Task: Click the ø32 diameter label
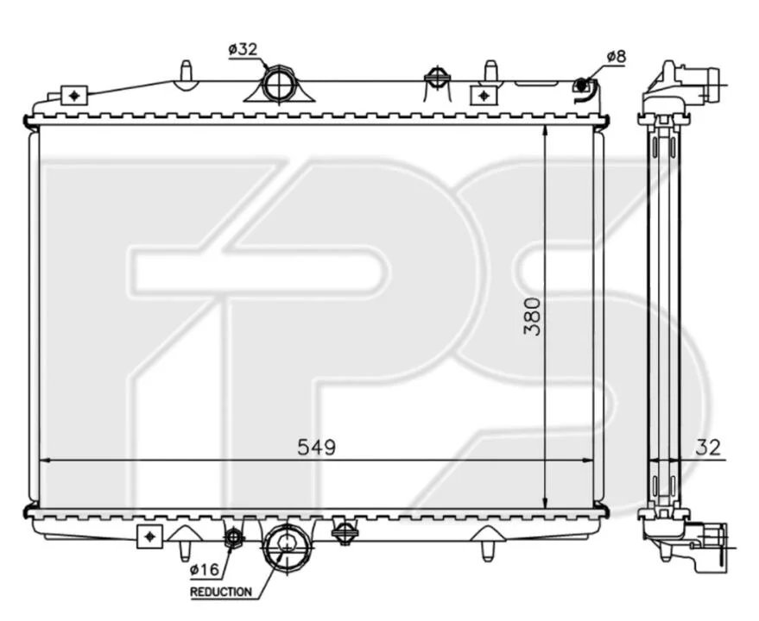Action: [x=243, y=50]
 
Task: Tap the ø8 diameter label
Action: [x=617, y=57]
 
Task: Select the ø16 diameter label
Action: [x=205, y=570]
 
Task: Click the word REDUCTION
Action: [x=221, y=592]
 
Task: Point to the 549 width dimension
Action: [x=316, y=448]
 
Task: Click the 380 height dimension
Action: [x=532, y=317]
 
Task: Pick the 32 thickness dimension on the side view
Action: [x=708, y=448]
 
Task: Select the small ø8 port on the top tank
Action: [x=582, y=85]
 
